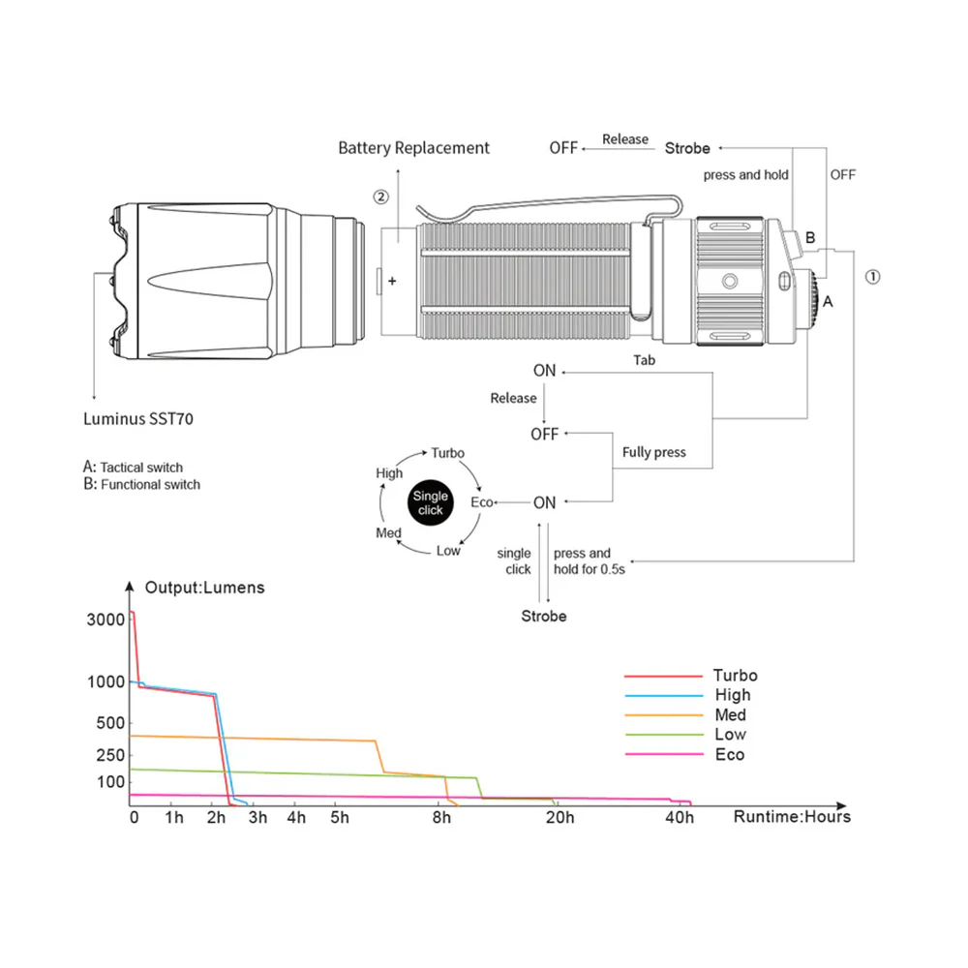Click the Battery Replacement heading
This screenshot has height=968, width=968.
pyautogui.click(x=413, y=148)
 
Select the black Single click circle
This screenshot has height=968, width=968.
pyautogui.click(x=430, y=502)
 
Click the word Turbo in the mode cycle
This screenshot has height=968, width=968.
pyautogui.click(x=447, y=453)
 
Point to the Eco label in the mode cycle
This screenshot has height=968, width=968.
pyautogui.click(x=481, y=502)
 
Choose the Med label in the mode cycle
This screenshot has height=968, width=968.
pyautogui.click(x=388, y=533)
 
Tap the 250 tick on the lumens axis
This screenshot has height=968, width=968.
pyautogui.click(x=112, y=754)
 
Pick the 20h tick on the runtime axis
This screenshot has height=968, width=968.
pyautogui.click(x=559, y=818)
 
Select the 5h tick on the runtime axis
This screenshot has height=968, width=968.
pyautogui.click(x=339, y=818)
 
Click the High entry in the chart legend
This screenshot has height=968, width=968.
pyautogui.click(x=732, y=695)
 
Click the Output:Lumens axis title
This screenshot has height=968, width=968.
pyautogui.click(x=204, y=587)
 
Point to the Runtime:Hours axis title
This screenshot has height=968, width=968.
pyautogui.click(x=792, y=817)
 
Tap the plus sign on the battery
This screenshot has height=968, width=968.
pyautogui.click(x=392, y=282)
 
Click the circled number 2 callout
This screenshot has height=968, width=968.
pyautogui.click(x=380, y=197)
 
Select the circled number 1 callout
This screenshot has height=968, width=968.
pyautogui.click(x=872, y=276)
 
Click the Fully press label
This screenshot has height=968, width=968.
pyautogui.click(x=653, y=452)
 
